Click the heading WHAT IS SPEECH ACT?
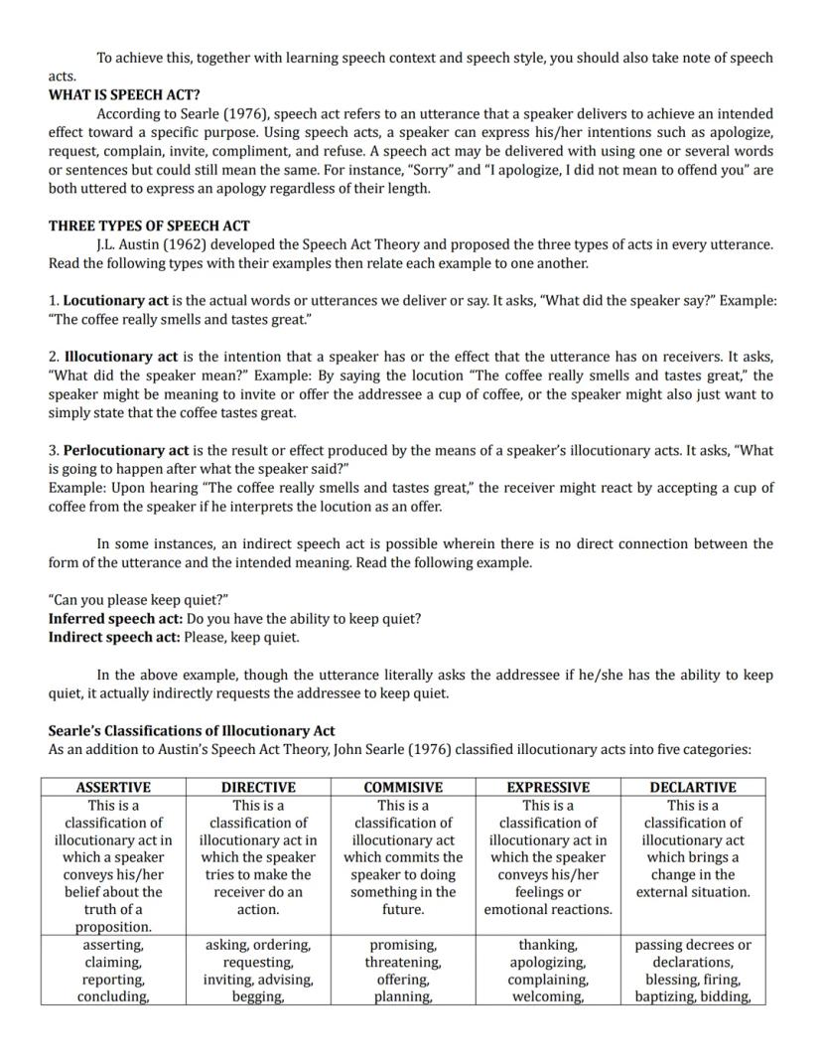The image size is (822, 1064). click(124, 95)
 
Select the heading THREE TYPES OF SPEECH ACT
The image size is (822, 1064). click(149, 226)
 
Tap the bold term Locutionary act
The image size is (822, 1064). click(116, 300)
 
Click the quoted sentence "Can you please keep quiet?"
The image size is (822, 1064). click(139, 600)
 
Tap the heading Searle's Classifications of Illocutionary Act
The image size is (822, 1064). click(192, 730)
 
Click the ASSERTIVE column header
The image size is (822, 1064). click(113, 787)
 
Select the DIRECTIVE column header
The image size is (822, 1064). click(258, 787)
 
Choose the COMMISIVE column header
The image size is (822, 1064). click(403, 787)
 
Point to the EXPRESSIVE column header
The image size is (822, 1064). click(548, 787)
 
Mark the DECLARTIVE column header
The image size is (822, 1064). click(693, 787)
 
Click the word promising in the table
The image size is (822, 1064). click(403, 945)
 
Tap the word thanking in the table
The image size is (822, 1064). click(548, 945)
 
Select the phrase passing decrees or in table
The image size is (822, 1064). click(693, 945)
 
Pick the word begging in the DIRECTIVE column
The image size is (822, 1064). click(257, 996)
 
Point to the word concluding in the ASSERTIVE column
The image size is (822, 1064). click(113, 996)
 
